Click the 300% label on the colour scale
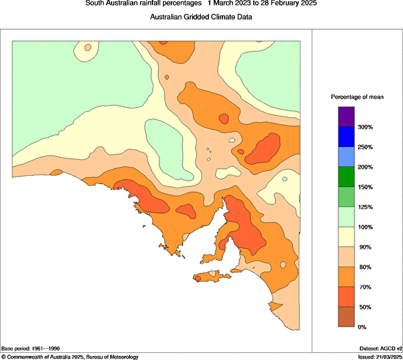tap(365, 127)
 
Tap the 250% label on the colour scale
tap(365, 147)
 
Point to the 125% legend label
tap(365, 207)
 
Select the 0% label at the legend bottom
tap(362, 327)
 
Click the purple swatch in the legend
tap(346, 117)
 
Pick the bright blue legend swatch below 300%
tap(346, 137)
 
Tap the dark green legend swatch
tap(346, 177)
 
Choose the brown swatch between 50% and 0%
tap(346, 317)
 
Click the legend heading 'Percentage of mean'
tap(357, 97)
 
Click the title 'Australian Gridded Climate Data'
tap(201, 17)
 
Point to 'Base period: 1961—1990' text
tap(31, 349)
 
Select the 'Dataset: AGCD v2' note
tap(380, 349)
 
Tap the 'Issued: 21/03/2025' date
tap(380, 357)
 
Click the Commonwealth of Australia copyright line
tap(70, 357)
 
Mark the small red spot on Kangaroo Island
tap(197, 278)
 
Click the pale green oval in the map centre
tap(169, 149)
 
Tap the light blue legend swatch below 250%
tap(346, 157)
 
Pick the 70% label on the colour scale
tap(365, 287)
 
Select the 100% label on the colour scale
tap(365, 227)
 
